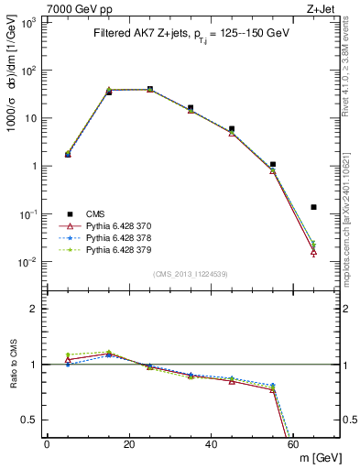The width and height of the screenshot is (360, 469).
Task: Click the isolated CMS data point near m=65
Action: click(313, 207)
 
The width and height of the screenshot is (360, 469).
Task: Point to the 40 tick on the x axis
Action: click(211, 444)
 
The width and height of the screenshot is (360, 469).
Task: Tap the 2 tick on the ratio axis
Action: click(37, 309)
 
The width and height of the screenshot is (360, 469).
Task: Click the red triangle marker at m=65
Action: click(313, 252)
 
